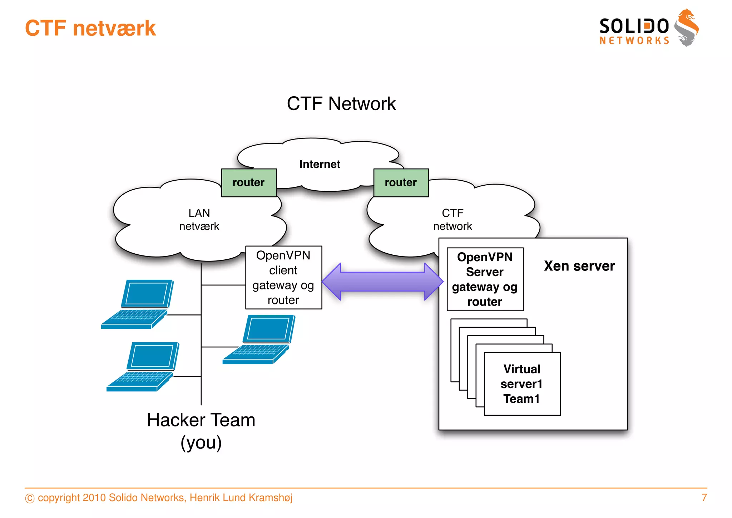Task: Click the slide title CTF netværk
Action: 90,28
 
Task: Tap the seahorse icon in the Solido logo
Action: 687,28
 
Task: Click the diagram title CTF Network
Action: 341,104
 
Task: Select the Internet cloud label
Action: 320,164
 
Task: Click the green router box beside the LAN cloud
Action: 249,183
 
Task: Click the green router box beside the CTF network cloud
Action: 401,183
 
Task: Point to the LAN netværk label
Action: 199,220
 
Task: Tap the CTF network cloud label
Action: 452,220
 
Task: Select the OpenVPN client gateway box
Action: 283,278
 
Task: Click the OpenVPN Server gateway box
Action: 485,279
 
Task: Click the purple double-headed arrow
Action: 382,282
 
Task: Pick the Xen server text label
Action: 579,266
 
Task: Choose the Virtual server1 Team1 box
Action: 522,384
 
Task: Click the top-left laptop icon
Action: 138,304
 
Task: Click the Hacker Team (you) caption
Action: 201,431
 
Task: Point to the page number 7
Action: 704,498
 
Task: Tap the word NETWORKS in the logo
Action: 634,41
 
